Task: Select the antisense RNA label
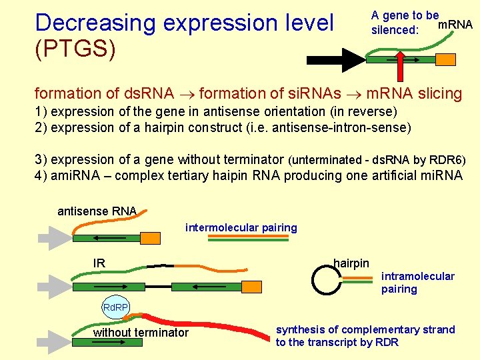pyautogui.click(x=97, y=211)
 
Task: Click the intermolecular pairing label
pyautogui.click(x=241, y=228)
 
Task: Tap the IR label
pyautogui.click(x=99, y=263)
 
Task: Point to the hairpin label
pyautogui.click(x=351, y=263)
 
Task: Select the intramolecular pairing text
pyautogui.click(x=417, y=283)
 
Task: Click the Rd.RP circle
pyautogui.click(x=115, y=308)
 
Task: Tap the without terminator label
pyautogui.click(x=141, y=333)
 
